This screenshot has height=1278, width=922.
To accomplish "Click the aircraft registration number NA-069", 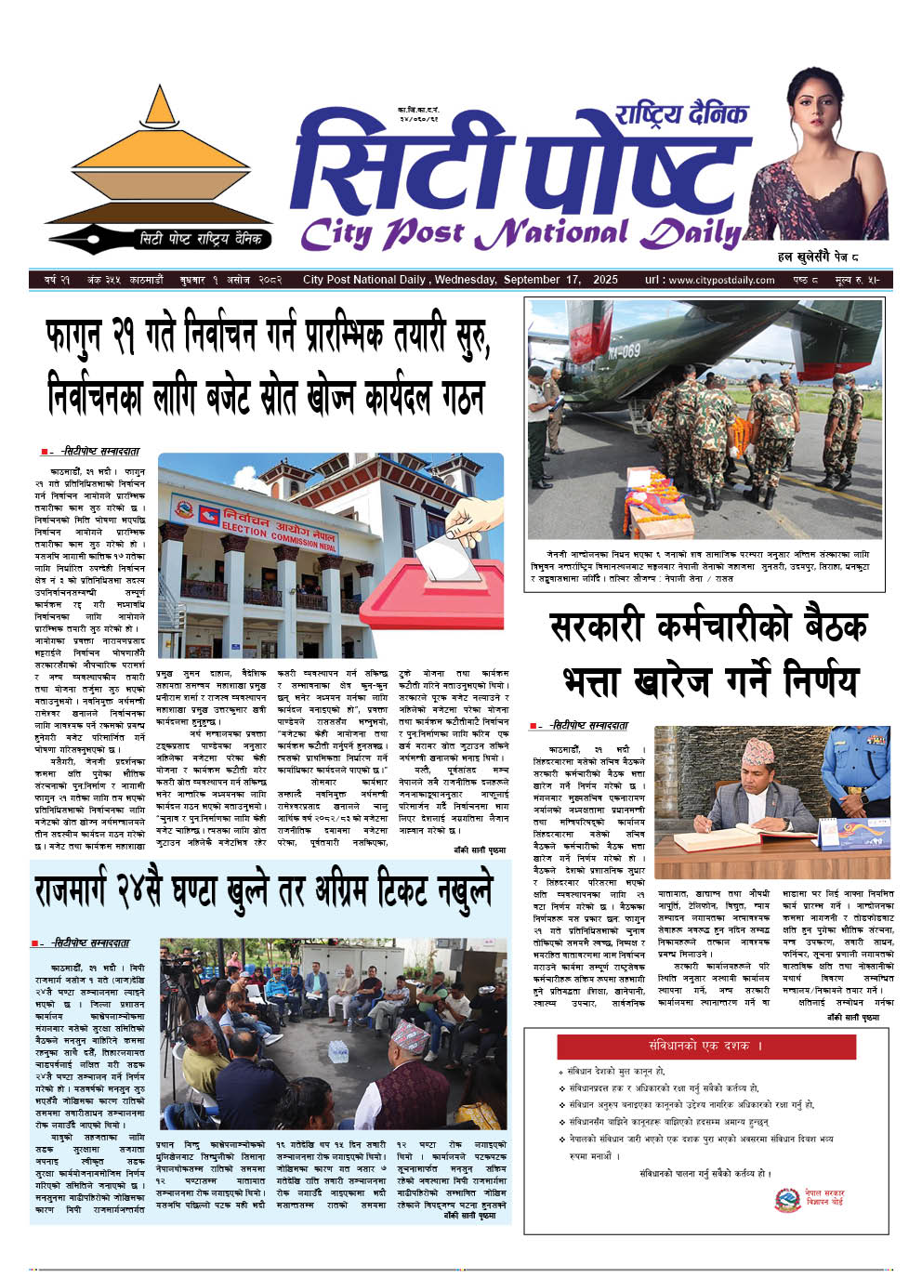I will coord(623,351).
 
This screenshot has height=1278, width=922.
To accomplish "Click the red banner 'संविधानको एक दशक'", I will coord(705,1046).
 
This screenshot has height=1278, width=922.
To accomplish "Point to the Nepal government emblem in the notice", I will coord(787,1198).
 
